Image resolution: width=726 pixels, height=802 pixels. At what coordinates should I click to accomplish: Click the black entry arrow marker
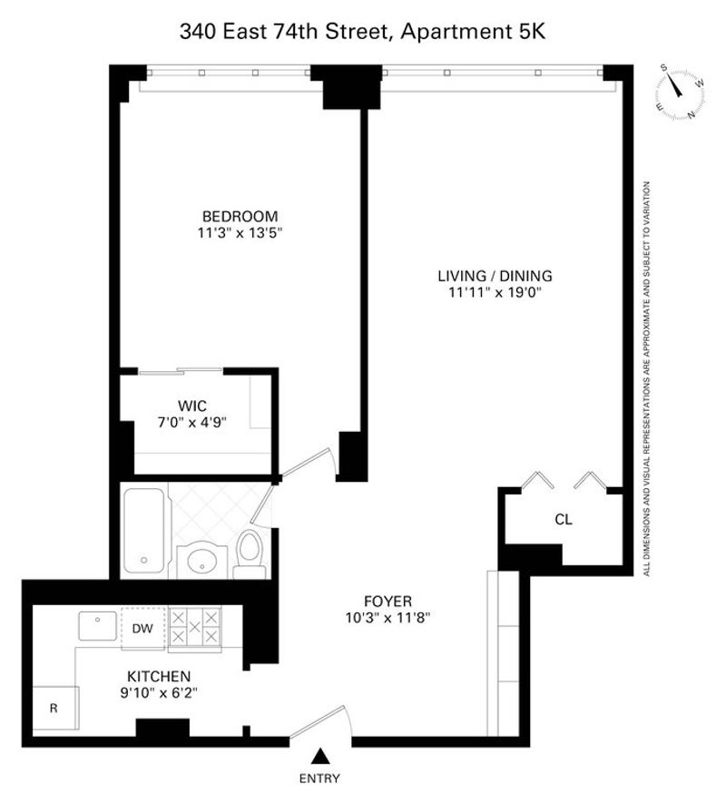319,756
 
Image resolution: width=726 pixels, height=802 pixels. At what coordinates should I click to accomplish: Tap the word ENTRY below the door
319,778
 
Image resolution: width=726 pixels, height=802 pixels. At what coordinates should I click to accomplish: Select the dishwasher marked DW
142,629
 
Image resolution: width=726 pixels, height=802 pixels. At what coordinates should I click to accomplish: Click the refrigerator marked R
55,708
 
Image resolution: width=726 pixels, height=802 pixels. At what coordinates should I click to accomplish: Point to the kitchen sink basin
97,625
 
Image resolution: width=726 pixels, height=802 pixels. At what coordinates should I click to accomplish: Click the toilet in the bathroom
250,554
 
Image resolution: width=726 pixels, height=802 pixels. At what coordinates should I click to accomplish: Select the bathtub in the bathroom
144,531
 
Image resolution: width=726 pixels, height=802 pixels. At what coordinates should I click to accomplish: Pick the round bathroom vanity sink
202,562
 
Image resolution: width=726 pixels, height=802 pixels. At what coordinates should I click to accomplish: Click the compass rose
680,91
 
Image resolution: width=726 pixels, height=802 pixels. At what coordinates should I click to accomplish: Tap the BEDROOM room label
240,216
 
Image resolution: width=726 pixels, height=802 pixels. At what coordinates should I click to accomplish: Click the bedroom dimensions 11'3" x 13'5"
240,233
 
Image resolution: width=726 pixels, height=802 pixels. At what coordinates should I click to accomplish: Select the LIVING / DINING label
495,276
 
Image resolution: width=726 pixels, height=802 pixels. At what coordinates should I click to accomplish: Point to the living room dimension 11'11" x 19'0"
495,292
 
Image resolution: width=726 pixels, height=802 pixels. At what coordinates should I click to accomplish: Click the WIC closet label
192,406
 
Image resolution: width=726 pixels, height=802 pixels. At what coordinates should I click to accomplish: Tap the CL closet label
564,520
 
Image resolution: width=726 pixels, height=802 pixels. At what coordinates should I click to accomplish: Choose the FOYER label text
388,601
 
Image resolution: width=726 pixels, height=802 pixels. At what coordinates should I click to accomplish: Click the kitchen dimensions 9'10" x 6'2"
159,693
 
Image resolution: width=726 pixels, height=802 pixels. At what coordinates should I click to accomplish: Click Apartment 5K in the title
473,32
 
